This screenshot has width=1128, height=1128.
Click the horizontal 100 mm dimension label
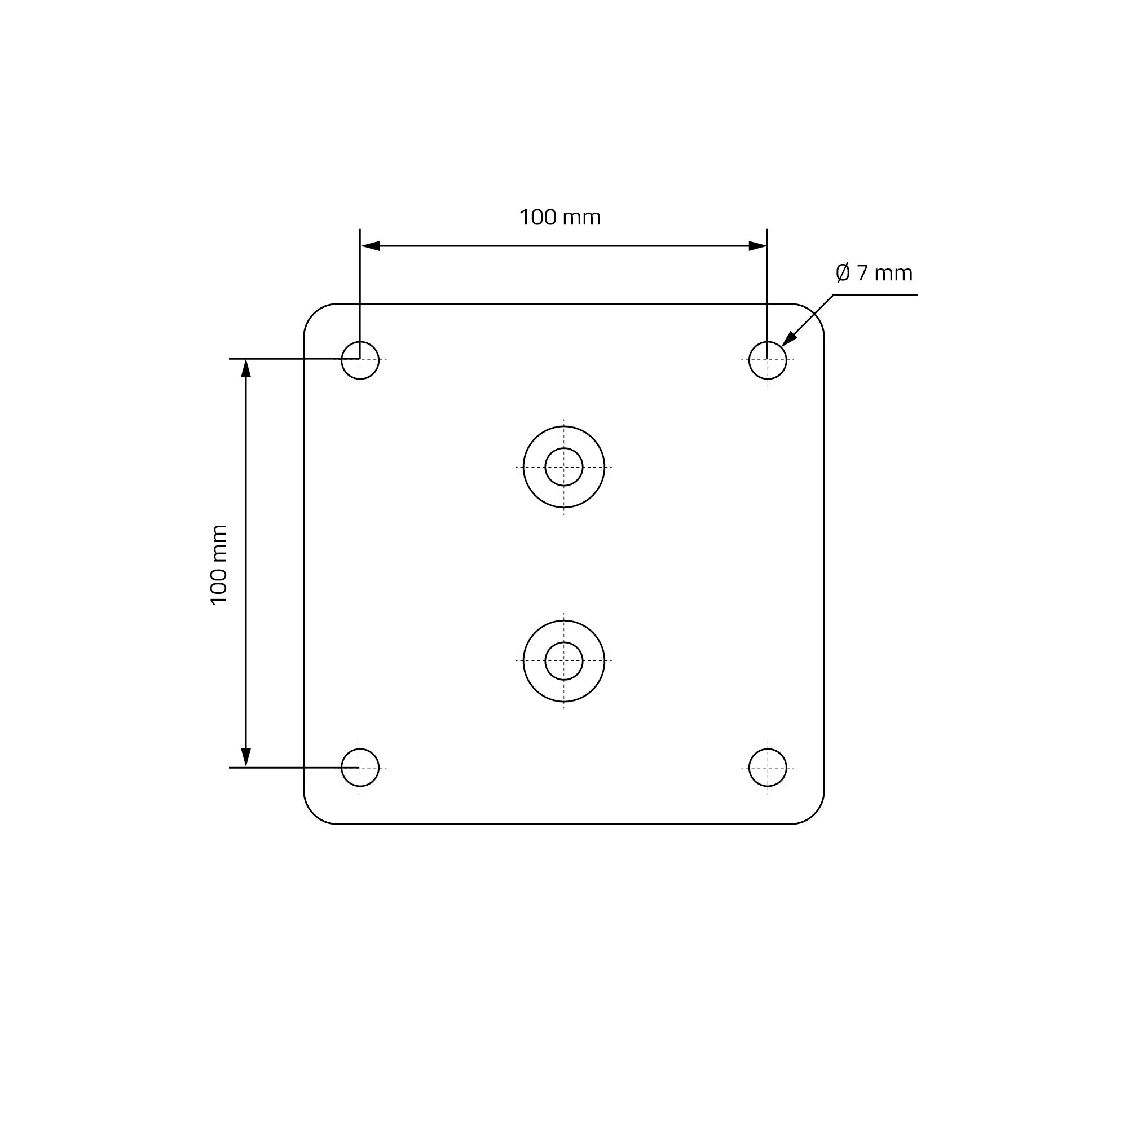click(x=560, y=218)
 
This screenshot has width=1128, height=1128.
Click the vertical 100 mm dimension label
click(x=218, y=565)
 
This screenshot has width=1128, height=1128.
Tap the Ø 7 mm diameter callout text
click(x=874, y=272)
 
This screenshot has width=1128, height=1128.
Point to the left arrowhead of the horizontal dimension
click(x=370, y=246)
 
